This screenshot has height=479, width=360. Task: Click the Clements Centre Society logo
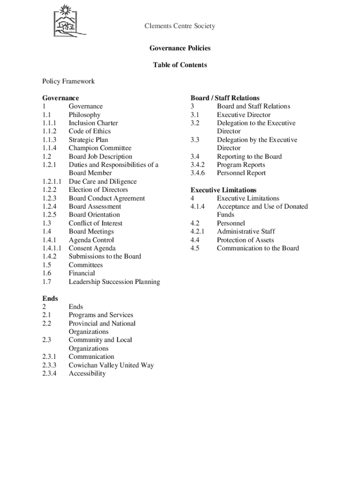tap(68, 21)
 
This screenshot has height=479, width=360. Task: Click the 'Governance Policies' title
tap(180, 48)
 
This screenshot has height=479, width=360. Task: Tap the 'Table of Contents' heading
tap(180, 65)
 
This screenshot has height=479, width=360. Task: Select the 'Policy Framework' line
tap(68, 81)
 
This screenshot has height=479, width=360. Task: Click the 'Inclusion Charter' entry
tap(93, 123)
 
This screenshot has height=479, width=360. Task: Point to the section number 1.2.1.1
tap(51, 181)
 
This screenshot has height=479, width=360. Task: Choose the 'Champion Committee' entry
tap(100, 148)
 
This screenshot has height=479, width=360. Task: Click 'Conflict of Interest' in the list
tap(95, 223)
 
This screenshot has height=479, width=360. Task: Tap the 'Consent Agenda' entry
tap(92, 248)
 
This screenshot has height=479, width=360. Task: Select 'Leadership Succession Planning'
tap(114, 282)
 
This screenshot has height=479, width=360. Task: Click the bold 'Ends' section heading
tap(50, 298)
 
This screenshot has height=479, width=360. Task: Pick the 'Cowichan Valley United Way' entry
tap(111, 365)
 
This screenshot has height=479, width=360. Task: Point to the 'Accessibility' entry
tap(87, 373)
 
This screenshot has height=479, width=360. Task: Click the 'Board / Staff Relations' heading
tap(225, 98)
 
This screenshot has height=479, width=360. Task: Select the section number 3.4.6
tap(198, 173)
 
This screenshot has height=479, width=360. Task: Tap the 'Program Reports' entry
tap(241, 165)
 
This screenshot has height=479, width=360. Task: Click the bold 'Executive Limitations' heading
tap(223, 190)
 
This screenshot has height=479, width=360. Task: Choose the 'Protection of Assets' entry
tap(245, 240)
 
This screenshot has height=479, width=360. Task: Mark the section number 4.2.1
tap(198, 232)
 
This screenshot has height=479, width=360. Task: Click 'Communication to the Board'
tap(258, 248)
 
